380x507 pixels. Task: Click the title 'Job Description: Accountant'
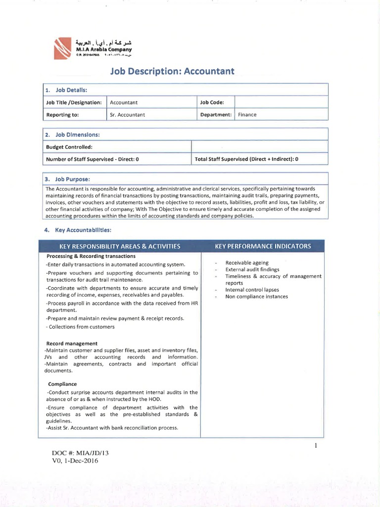pos(172,71)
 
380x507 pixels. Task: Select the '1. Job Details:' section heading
pos(66,90)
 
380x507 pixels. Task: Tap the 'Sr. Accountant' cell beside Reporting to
pos(127,114)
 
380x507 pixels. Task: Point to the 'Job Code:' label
pos(212,102)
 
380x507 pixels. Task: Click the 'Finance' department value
pos(247,114)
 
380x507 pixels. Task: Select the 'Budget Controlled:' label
pos(69,147)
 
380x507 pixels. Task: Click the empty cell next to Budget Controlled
pos(259,147)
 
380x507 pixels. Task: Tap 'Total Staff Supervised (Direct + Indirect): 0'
pos(247,159)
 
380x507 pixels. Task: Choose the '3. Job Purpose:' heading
pos(68,179)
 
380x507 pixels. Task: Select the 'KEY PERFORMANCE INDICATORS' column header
pos(263,246)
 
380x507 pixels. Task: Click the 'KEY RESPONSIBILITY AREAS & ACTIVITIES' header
pos(120,246)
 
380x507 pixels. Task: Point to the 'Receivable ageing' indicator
pos(247,262)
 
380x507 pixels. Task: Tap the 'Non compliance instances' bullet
pos(256,297)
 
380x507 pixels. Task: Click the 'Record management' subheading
pos(72,343)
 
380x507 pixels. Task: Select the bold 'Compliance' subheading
pos(62,384)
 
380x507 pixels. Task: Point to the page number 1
pos(315,446)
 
